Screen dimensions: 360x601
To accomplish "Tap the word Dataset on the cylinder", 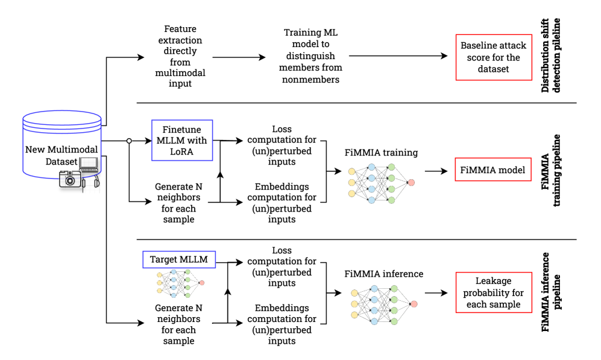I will pos(61,161).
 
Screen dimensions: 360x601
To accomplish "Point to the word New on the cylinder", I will pos(34,149).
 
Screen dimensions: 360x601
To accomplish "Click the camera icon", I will pos(69,179).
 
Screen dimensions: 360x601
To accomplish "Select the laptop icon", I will pos(89,165).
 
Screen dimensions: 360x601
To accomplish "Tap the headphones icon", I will pos(96,183).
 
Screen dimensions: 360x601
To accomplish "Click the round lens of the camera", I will pos(70,180).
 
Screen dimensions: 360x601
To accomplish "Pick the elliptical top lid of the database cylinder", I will pos(62,118).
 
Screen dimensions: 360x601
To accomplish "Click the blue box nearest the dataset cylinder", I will pos(182,141).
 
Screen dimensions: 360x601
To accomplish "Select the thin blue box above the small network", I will pos(179,259).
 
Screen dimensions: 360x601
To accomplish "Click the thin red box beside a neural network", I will pos(493,169).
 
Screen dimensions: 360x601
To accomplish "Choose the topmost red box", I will pos(494,57).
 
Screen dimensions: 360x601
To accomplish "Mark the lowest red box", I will pos(494,292).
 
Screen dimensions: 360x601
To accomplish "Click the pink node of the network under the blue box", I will pos(202,282).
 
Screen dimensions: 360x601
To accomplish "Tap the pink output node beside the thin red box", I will pos(411,182).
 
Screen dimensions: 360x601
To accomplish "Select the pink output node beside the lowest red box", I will pos(414,304).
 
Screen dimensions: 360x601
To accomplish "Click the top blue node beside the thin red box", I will pos(371,167).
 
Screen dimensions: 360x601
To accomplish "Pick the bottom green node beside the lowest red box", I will pos(394,321).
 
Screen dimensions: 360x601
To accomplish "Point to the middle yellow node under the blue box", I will pos(160,282).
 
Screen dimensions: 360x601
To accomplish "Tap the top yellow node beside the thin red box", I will pos(351,171).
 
